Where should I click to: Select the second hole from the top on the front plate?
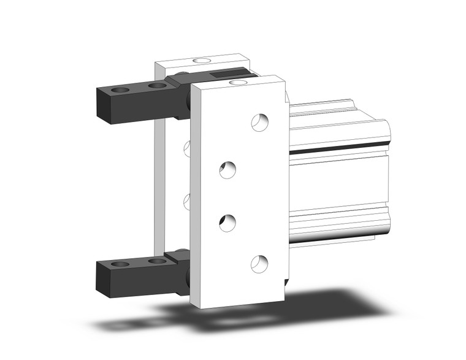(x=229, y=169)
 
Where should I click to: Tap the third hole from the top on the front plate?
(x=227, y=221)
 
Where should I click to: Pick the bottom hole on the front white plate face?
(x=259, y=263)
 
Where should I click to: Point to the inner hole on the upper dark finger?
(x=157, y=86)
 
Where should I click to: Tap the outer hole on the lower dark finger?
(x=121, y=264)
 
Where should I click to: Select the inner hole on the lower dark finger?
(x=157, y=261)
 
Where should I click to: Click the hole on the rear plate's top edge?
(x=200, y=61)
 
